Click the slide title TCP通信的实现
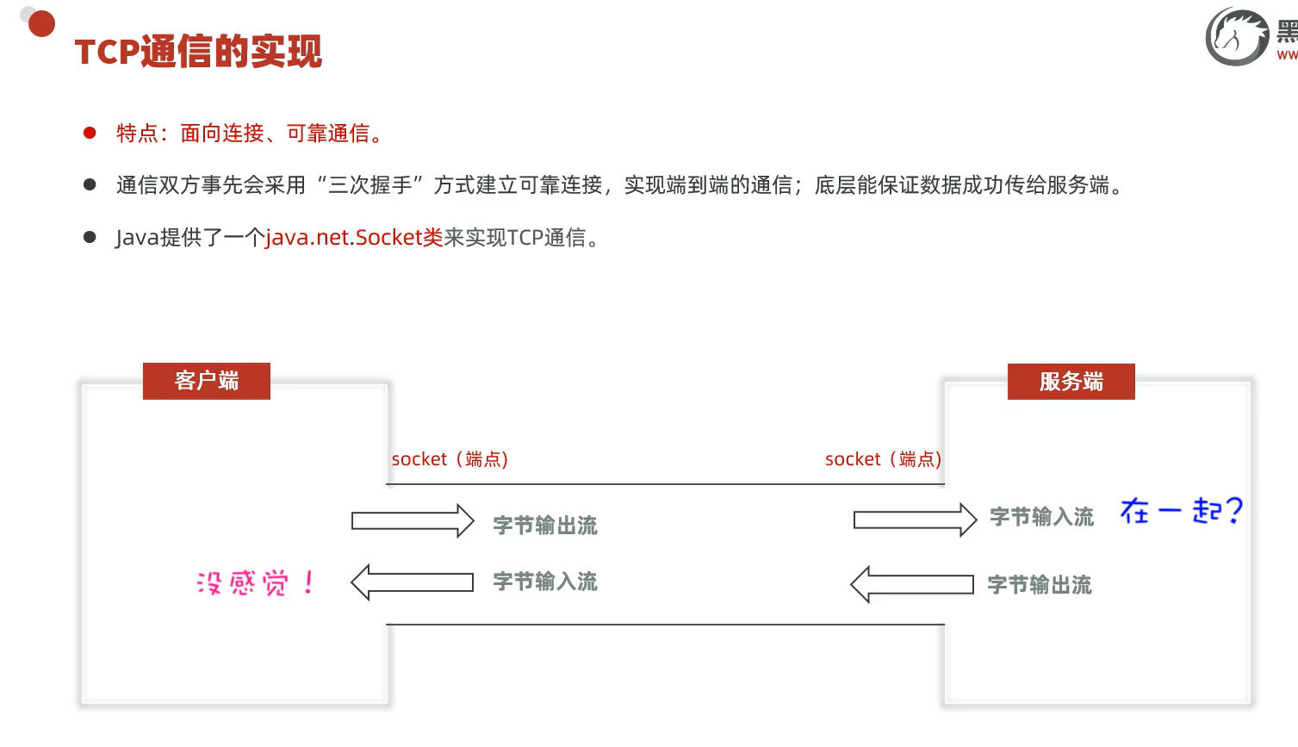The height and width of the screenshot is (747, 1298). (x=198, y=52)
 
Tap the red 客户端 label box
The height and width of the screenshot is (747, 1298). (x=207, y=381)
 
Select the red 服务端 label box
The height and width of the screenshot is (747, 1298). (x=1071, y=382)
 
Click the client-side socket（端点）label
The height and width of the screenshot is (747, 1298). (x=450, y=459)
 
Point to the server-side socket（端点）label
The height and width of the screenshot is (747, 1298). (x=883, y=459)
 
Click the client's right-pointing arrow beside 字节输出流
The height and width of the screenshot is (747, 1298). (x=413, y=520)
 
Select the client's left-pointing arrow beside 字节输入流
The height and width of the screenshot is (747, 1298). (x=413, y=582)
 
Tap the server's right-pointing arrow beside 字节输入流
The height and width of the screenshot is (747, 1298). (x=915, y=520)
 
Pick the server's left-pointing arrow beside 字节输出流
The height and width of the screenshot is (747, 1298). (x=912, y=584)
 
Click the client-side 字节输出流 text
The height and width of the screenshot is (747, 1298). (x=545, y=526)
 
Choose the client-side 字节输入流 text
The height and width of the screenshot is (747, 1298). (x=545, y=582)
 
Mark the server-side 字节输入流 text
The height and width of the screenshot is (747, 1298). (x=1041, y=517)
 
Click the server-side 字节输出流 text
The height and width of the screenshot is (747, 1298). (x=1040, y=585)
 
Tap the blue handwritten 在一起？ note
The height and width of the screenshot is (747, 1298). (x=1181, y=511)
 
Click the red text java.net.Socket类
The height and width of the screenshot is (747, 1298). (x=354, y=238)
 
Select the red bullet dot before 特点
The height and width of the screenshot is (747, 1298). (x=90, y=133)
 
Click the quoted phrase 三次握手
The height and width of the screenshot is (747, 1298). (x=370, y=185)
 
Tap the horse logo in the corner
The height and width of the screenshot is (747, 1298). (x=1238, y=36)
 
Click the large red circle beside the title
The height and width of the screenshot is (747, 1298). (x=41, y=24)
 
